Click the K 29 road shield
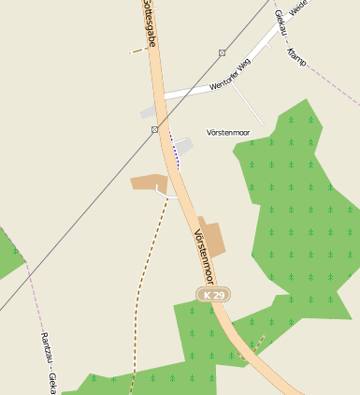pos(213,295)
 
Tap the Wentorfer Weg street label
pos(230,76)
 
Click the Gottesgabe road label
pos(149,23)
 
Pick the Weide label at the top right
pos(298,7)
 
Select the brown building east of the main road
pos(212,238)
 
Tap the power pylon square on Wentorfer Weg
pos(222,53)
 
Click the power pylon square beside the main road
pos(154,129)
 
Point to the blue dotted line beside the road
pos(174,150)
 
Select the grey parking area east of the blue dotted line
pos(183,146)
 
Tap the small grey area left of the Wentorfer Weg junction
pos(148,112)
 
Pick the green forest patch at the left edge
pos(7,253)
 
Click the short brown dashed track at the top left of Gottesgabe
pos(137,51)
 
